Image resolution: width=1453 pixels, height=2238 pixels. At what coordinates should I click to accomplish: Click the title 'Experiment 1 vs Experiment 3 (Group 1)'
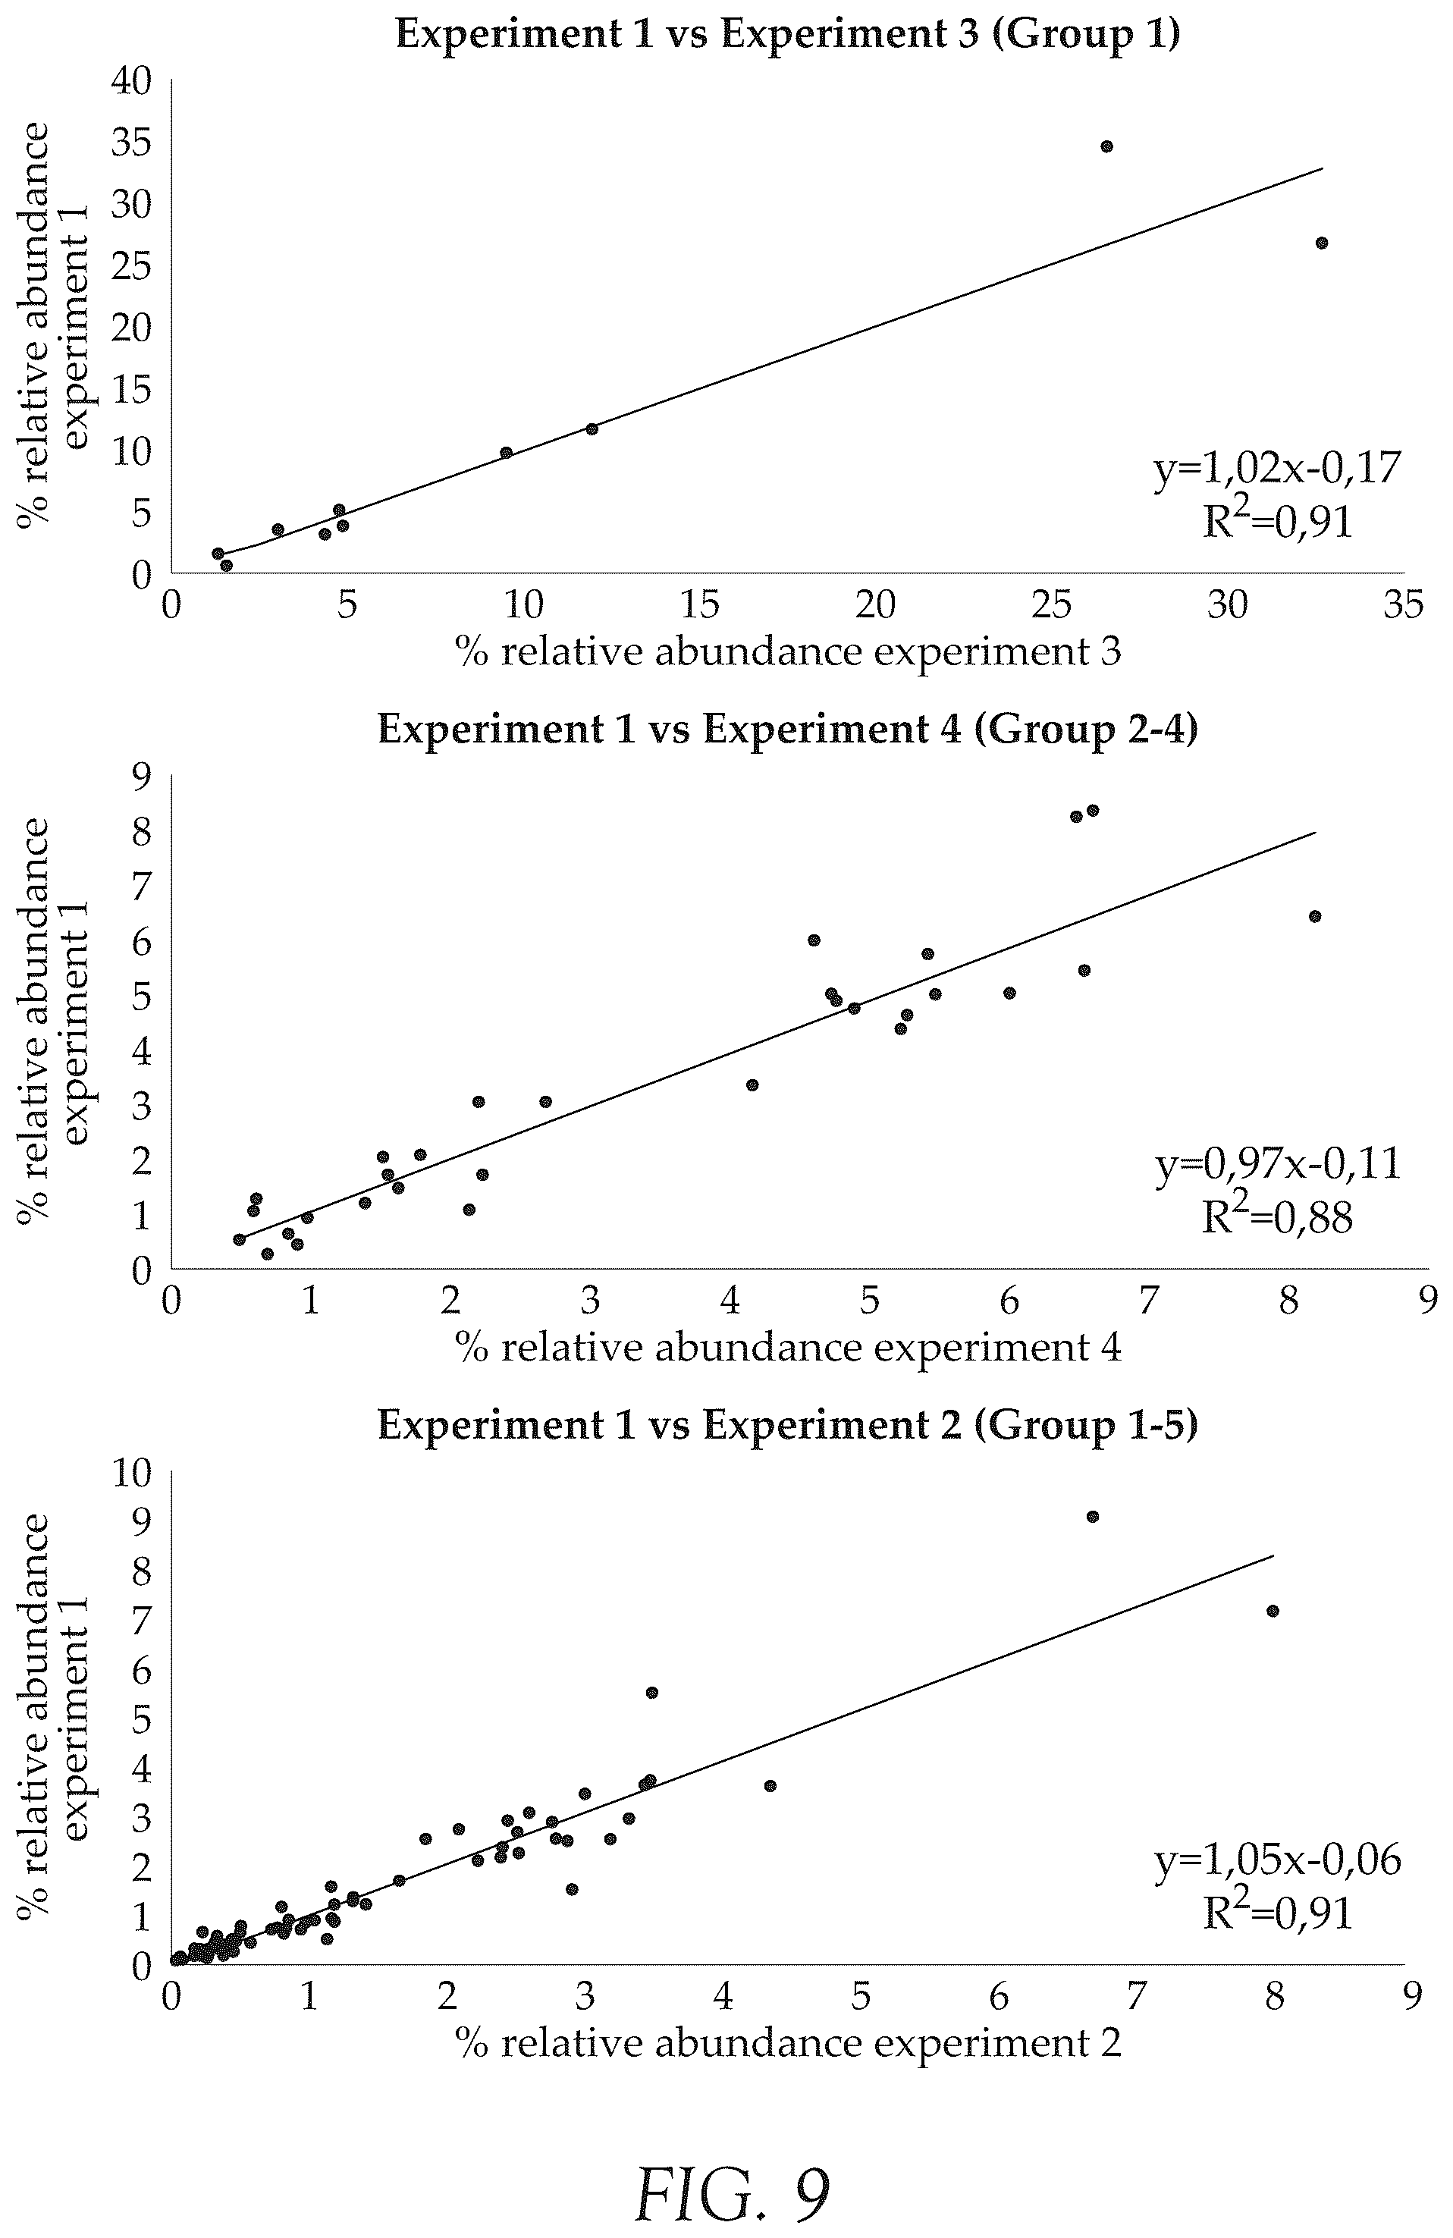(x=787, y=34)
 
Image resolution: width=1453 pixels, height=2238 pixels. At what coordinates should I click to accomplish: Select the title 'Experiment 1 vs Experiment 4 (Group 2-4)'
(x=788, y=730)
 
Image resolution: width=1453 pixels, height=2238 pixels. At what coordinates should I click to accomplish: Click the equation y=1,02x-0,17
(x=1278, y=468)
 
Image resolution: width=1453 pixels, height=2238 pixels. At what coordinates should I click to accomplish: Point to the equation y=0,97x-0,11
(x=1278, y=1164)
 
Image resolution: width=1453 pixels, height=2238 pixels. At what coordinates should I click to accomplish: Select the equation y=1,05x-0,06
(x=1278, y=1860)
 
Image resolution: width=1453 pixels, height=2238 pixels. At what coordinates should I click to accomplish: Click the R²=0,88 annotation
(x=1278, y=1216)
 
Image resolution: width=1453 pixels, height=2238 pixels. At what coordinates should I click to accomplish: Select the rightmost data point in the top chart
(x=1321, y=243)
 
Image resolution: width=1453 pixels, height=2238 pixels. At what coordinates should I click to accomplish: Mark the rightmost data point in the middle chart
(x=1315, y=917)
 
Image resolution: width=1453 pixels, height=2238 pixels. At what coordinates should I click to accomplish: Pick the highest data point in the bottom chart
(x=1093, y=1517)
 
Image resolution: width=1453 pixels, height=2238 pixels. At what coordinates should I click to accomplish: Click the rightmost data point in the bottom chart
(x=1273, y=1611)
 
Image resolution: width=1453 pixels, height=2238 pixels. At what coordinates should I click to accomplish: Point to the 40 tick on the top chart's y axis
(x=130, y=82)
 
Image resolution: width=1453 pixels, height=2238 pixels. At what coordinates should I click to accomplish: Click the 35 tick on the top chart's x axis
(x=1403, y=604)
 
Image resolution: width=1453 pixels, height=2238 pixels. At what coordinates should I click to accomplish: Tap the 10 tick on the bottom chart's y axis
(x=130, y=1474)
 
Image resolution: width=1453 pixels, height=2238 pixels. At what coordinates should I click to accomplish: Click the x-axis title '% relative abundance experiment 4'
(x=788, y=1348)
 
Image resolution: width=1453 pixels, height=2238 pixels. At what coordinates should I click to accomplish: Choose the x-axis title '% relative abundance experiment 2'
(x=788, y=2043)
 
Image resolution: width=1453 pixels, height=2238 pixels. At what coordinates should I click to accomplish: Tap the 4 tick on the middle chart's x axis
(x=730, y=1301)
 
